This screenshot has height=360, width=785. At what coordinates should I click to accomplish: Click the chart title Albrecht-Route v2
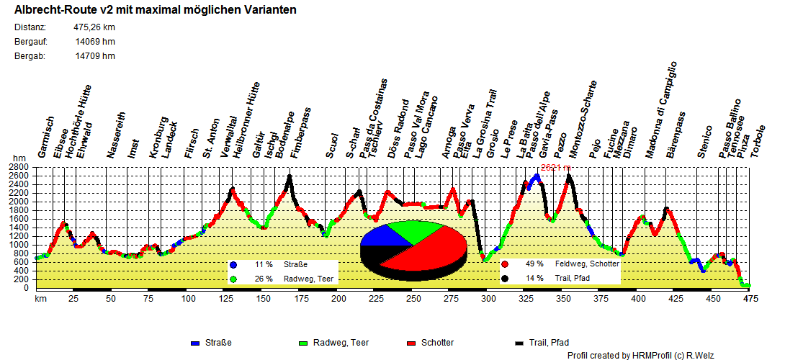(x=155, y=11)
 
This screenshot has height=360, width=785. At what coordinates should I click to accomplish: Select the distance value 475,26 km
(x=94, y=27)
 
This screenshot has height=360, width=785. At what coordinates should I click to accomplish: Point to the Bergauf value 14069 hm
(x=95, y=42)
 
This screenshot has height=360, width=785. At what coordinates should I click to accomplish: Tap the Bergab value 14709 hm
(x=95, y=55)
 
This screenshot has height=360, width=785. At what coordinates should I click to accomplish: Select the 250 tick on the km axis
(x=413, y=298)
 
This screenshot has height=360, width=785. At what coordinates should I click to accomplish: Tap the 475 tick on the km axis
(x=750, y=298)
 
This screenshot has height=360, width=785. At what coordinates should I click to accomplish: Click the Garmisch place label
(x=45, y=138)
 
